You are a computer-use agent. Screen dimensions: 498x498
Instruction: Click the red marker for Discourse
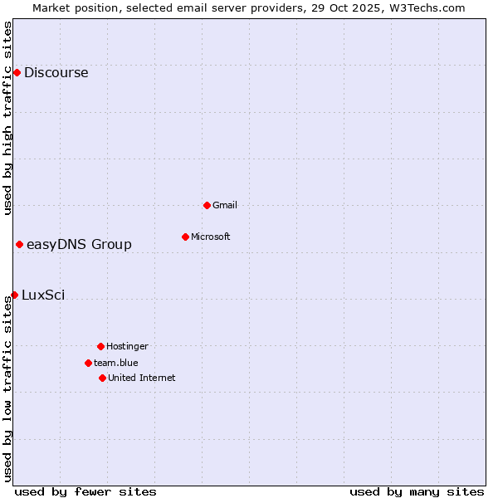point(17,72)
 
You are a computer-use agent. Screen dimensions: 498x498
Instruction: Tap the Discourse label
point(56,72)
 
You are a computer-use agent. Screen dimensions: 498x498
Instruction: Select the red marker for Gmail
point(207,205)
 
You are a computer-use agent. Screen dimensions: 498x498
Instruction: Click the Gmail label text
point(224,205)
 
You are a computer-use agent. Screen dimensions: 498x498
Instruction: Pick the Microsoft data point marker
point(185,237)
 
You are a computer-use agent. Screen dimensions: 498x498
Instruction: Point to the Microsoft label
point(210,237)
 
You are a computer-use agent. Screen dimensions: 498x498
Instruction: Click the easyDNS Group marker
point(19,244)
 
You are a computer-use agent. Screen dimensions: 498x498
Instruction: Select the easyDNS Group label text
point(79,244)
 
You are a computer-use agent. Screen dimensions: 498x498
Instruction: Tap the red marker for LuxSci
point(14,295)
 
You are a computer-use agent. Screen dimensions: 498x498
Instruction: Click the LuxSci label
point(43,295)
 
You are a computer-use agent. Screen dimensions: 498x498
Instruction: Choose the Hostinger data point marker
point(100,346)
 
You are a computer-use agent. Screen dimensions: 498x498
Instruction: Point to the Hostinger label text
point(127,346)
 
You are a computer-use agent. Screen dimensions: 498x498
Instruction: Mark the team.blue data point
point(88,363)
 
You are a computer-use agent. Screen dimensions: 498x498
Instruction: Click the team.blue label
point(115,363)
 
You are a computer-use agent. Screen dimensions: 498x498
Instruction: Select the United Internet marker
point(102,378)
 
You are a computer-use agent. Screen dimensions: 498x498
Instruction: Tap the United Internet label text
point(141,378)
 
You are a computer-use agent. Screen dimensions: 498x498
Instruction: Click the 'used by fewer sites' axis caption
point(85,491)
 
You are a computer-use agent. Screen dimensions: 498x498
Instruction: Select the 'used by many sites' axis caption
point(417,491)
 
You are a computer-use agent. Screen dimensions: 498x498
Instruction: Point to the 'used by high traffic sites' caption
point(7,118)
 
